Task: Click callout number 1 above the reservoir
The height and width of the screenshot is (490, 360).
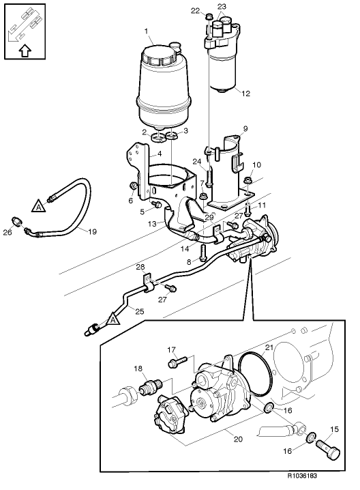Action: pos(147,31)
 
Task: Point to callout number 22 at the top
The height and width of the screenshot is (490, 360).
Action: pos(195,10)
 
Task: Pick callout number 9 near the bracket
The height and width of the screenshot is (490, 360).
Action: pos(245,128)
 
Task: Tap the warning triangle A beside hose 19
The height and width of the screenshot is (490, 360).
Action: pos(40,203)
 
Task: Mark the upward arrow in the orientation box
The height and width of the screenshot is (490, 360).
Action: pos(25,50)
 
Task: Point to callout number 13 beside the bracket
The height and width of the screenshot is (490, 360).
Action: pos(153,223)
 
